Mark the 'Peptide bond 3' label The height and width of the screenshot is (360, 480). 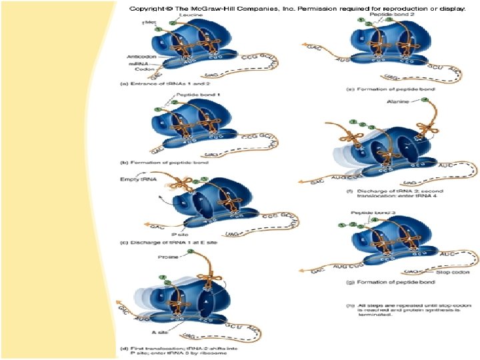[370, 213]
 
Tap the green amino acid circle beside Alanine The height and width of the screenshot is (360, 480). [425, 101]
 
